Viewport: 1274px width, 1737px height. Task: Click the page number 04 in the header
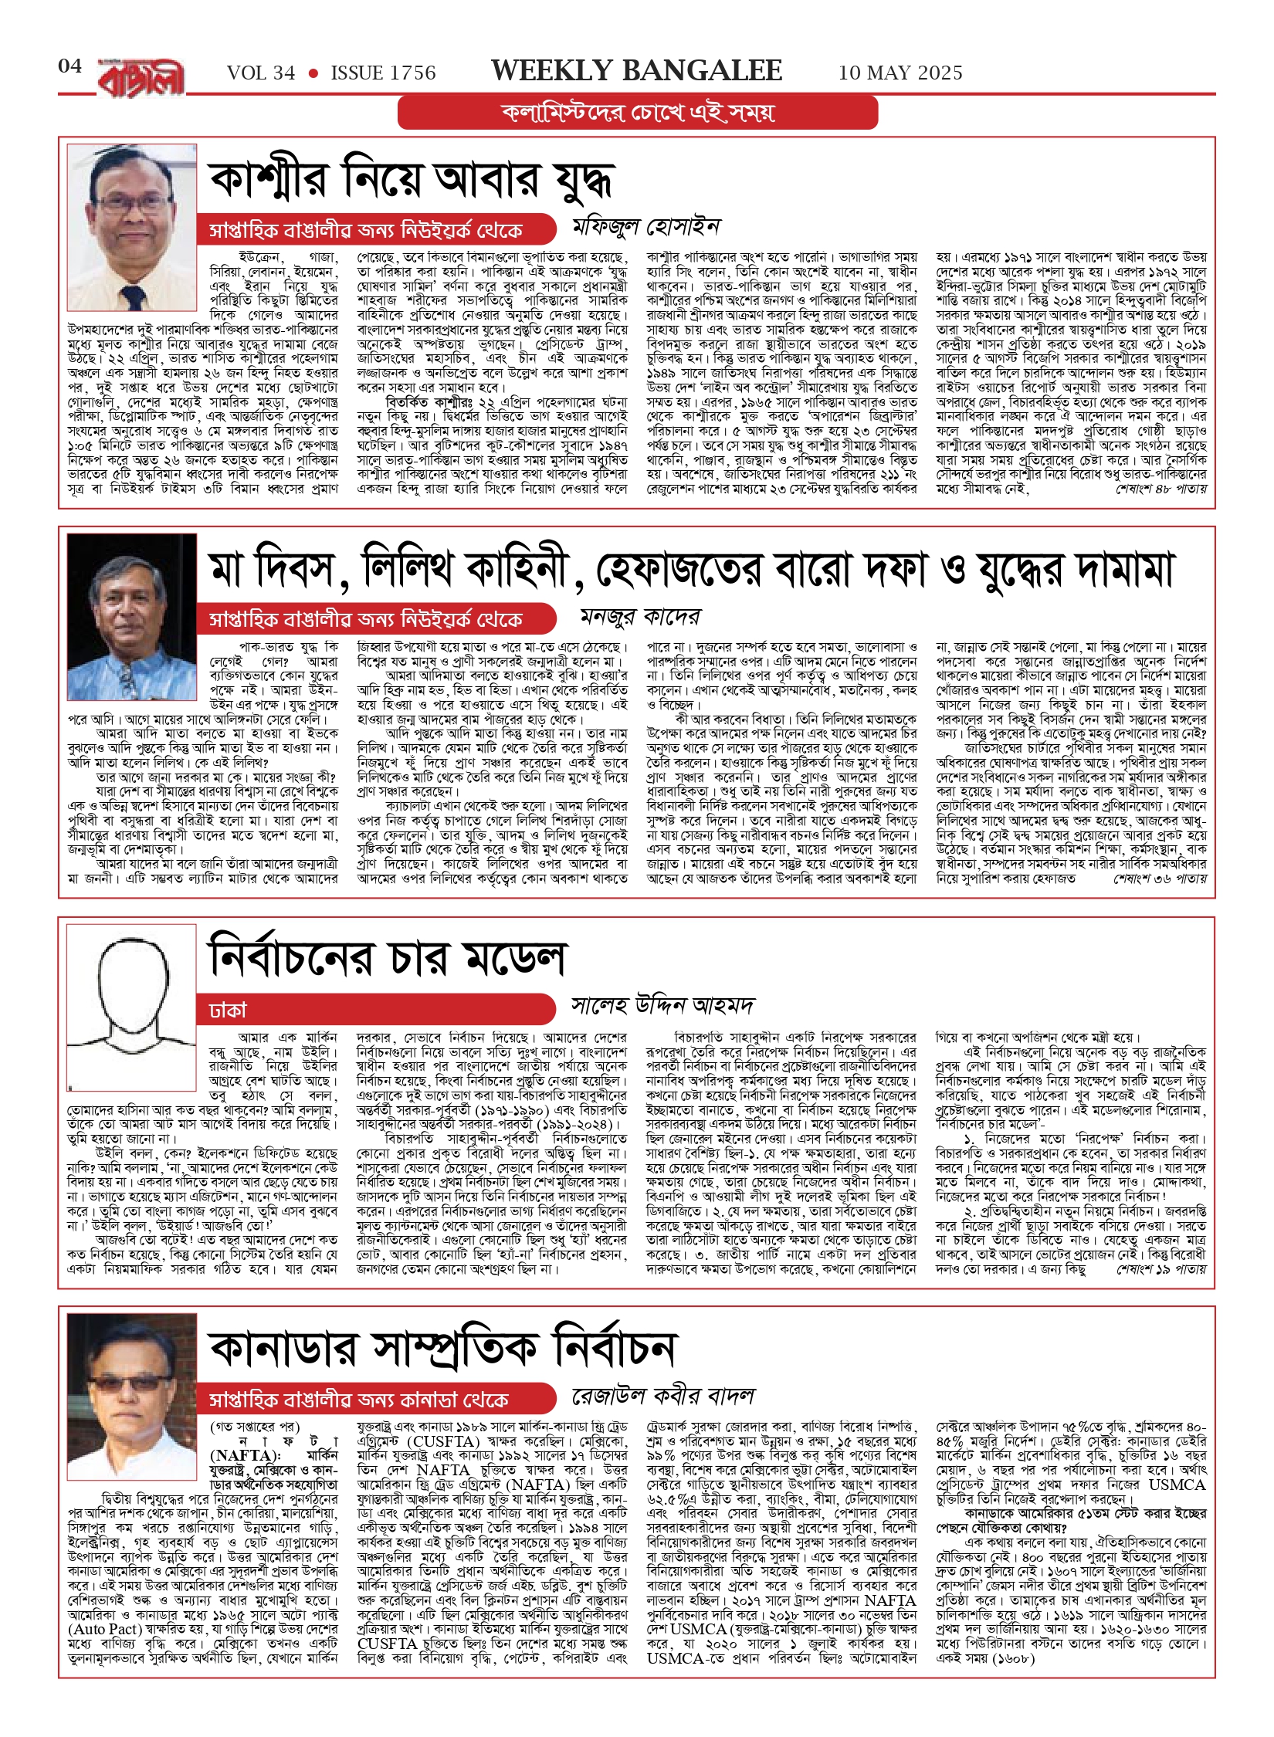pyautogui.click(x=69, y=66)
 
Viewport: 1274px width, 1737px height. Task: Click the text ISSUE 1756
pyautogui.click(x=383, y=73)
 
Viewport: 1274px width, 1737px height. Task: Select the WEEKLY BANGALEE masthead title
pyautogui.click(x=636, y=71)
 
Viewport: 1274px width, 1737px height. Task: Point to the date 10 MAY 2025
pyautogui.click(x=900, y=73)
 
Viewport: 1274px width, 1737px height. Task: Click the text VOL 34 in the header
pyautogui.click(x=261, y=73)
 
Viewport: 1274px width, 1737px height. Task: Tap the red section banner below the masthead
pyautogui.click(x=637, y=113)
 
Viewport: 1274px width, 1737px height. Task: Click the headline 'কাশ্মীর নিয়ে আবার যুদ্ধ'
pyautogui.click(x=411, y=181)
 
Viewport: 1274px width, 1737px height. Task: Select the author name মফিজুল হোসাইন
pyautogui.click(x=645, y=227)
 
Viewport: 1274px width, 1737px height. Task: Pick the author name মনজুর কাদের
pyautogui.click(x=640, y=617)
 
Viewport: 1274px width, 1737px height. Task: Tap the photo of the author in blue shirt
pyautogui.click(x=132, y=594)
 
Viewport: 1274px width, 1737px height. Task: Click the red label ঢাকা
pyautogui.click(x=228, y=1011)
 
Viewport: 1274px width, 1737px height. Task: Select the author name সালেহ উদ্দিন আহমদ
pyautogui.click(x=662, y=1005)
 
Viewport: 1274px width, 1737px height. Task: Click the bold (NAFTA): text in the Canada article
pyautogui.click(x=246, y=1455)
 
